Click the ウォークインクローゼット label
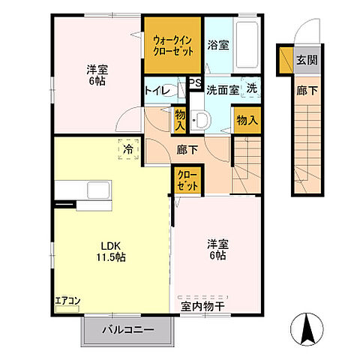(173, 44)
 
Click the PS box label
(193, 83)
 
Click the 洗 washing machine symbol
(252, 88)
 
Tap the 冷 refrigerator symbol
(128, 150)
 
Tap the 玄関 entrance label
(304, 60)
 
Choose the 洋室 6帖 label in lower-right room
(217, 250)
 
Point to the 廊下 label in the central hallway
(187, 150)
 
